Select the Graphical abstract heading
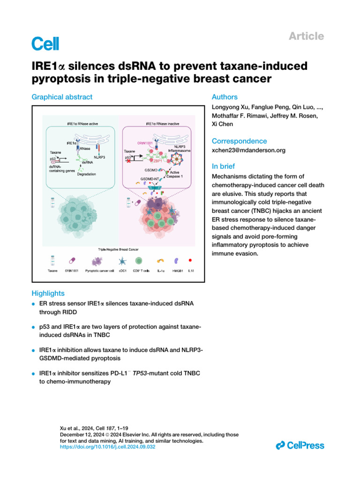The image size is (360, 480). pos(62,97)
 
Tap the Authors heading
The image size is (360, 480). pos(225,97)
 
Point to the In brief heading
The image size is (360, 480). pos(224,166)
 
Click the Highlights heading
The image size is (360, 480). pos(48,293)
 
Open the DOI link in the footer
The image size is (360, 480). pos(108,447)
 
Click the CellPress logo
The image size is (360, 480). pos(300,445)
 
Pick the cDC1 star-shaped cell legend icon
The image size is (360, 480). pos(123,259)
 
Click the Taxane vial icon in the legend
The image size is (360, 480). pos(52,259)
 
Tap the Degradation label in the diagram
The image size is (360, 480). pos(87,174)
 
